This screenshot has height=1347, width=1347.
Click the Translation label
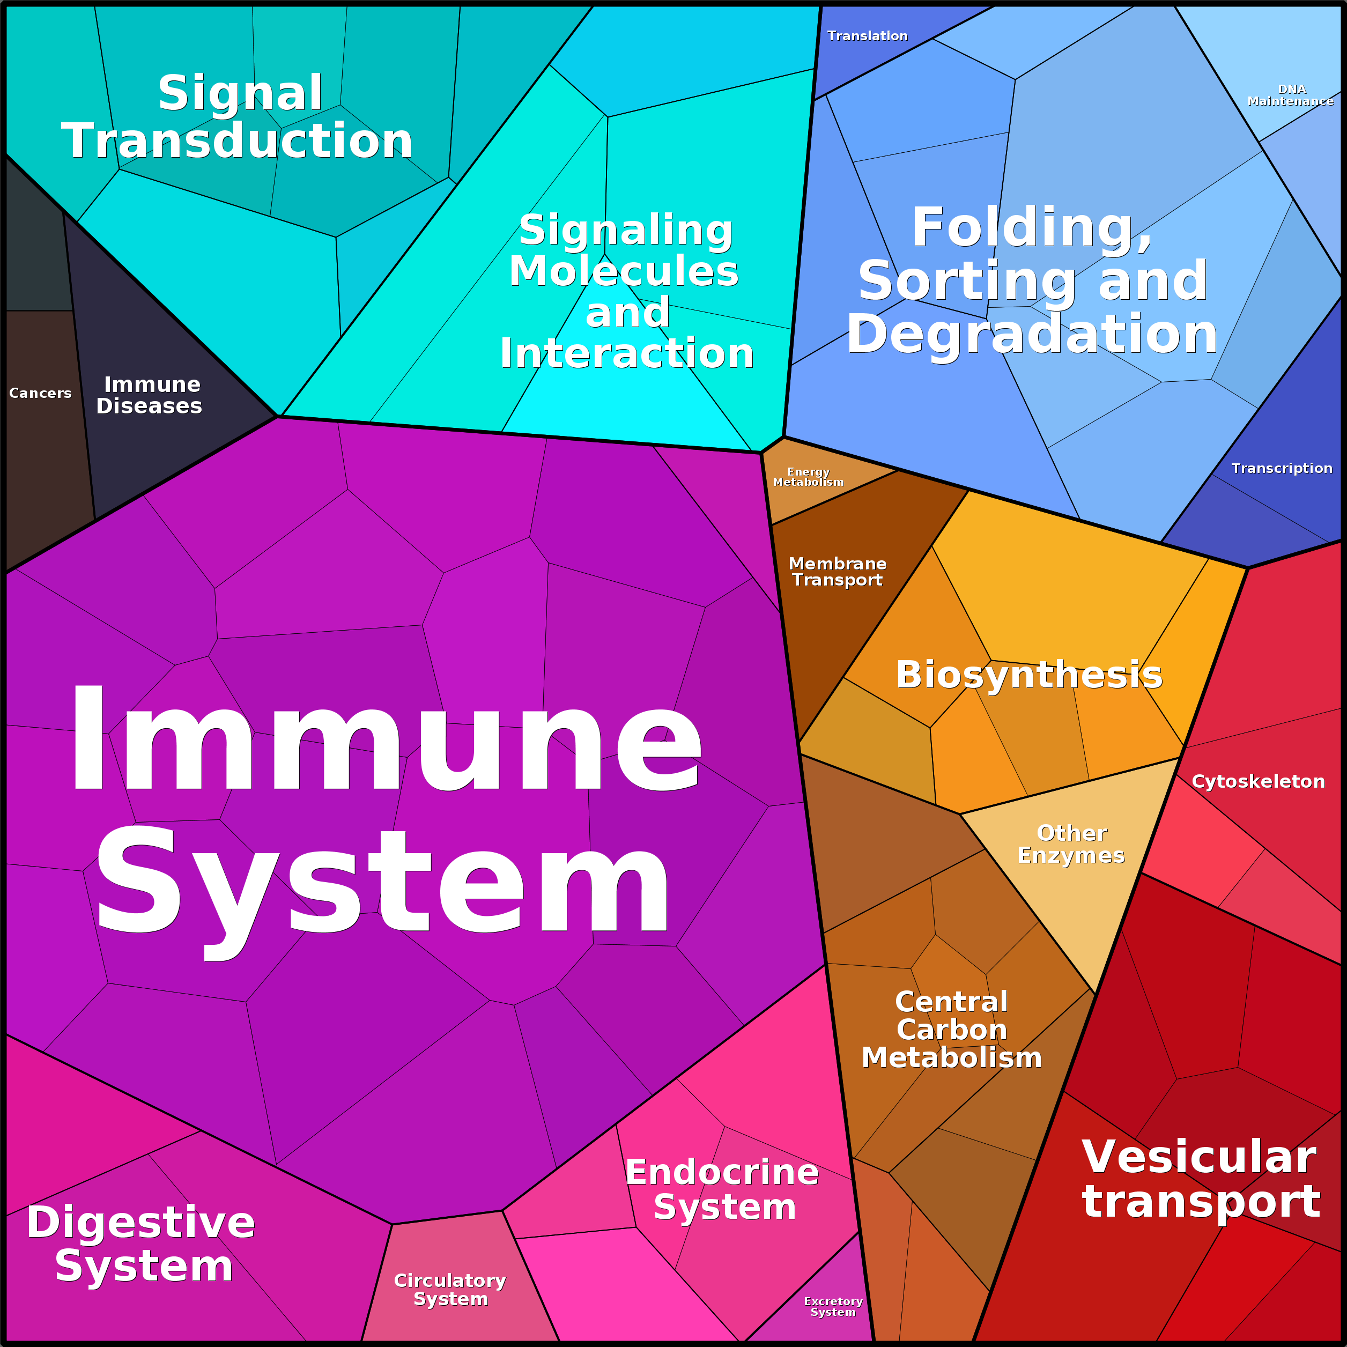867,35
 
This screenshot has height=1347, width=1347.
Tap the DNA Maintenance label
1291,95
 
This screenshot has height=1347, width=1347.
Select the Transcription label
1282,469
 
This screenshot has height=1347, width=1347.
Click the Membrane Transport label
838,572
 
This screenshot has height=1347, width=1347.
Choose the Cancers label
40,393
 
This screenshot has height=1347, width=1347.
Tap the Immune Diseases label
150,395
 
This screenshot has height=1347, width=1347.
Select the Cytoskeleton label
1259,782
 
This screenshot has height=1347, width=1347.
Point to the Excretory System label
833,1307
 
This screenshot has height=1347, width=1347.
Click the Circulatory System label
450,1290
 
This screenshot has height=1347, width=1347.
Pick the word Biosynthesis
1029,675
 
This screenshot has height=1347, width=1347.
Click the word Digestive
141,1222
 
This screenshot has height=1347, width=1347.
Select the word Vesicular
1199,1157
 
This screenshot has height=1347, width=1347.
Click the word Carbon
952,1030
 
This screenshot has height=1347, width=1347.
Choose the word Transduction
238,140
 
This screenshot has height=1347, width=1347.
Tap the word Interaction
627,353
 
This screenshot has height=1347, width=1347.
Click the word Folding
1032,228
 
